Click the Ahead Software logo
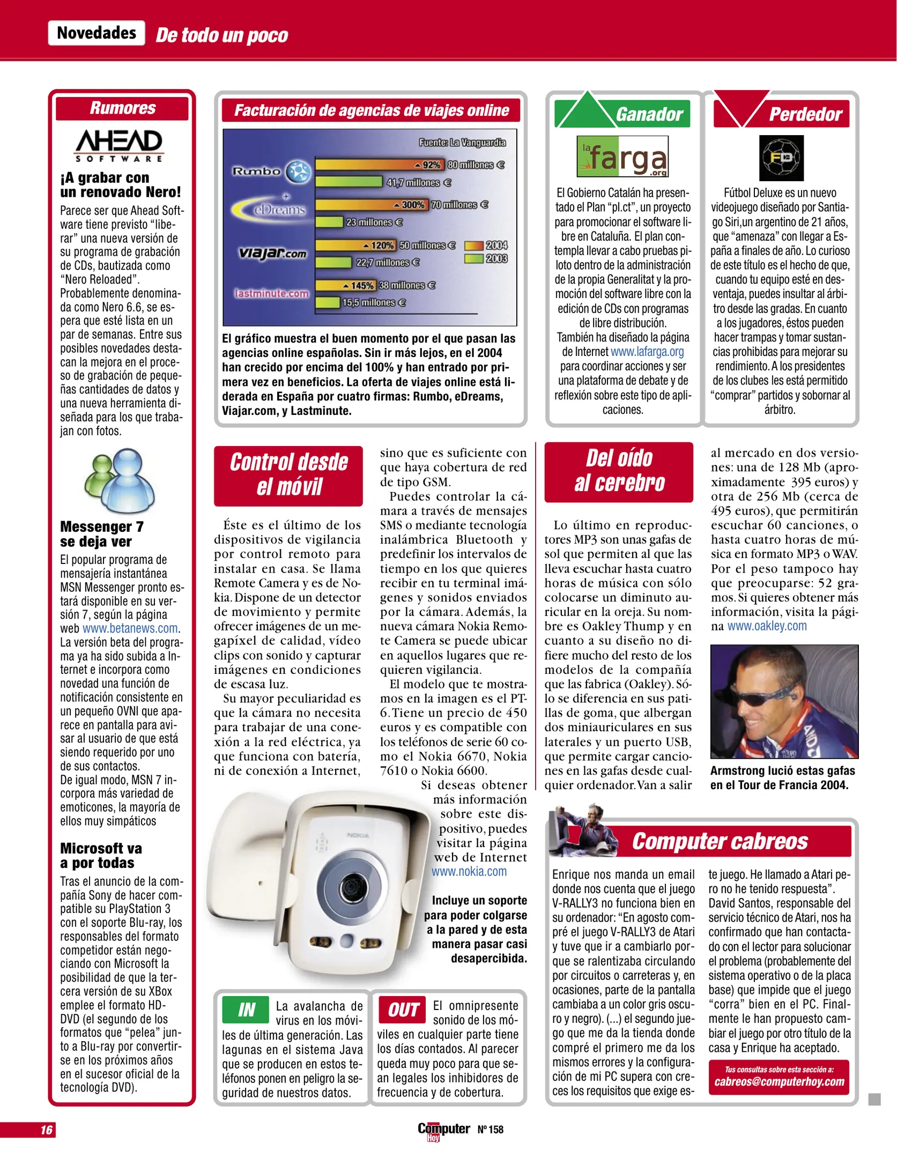118,145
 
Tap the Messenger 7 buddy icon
120,481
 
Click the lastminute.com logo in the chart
271,293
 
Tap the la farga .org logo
622,157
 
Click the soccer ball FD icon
781,158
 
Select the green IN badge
246,1010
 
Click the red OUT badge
402,1010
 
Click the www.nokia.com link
469,872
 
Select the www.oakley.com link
767,626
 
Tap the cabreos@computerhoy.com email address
779,1082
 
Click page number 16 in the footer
47,1130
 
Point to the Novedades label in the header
97,33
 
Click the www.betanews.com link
130,628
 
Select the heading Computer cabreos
719,841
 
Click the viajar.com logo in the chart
272,253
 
